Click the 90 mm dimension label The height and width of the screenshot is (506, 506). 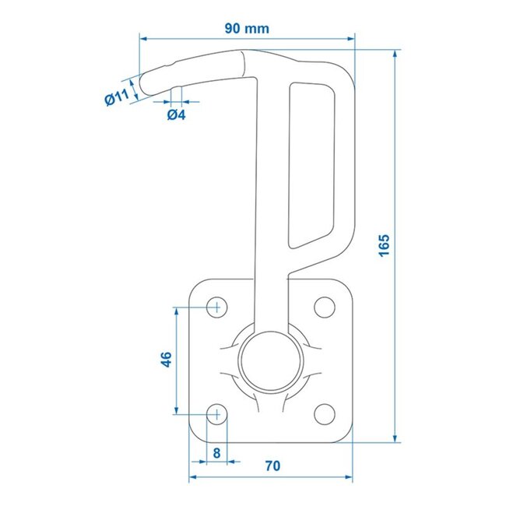(x=247, y=29)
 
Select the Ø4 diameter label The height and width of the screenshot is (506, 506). (x=176, y=115)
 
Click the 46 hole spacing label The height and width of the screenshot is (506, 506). (x=165, y=360)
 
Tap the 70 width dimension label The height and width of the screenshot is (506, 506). (x=272, y=466)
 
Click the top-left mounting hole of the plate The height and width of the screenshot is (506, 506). (x=217, y=307)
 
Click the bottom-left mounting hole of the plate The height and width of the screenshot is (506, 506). (x=217, y=413)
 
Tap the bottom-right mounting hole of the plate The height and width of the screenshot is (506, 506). (x=323, y=413)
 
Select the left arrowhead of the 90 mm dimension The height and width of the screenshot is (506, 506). (x=143, y=36)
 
